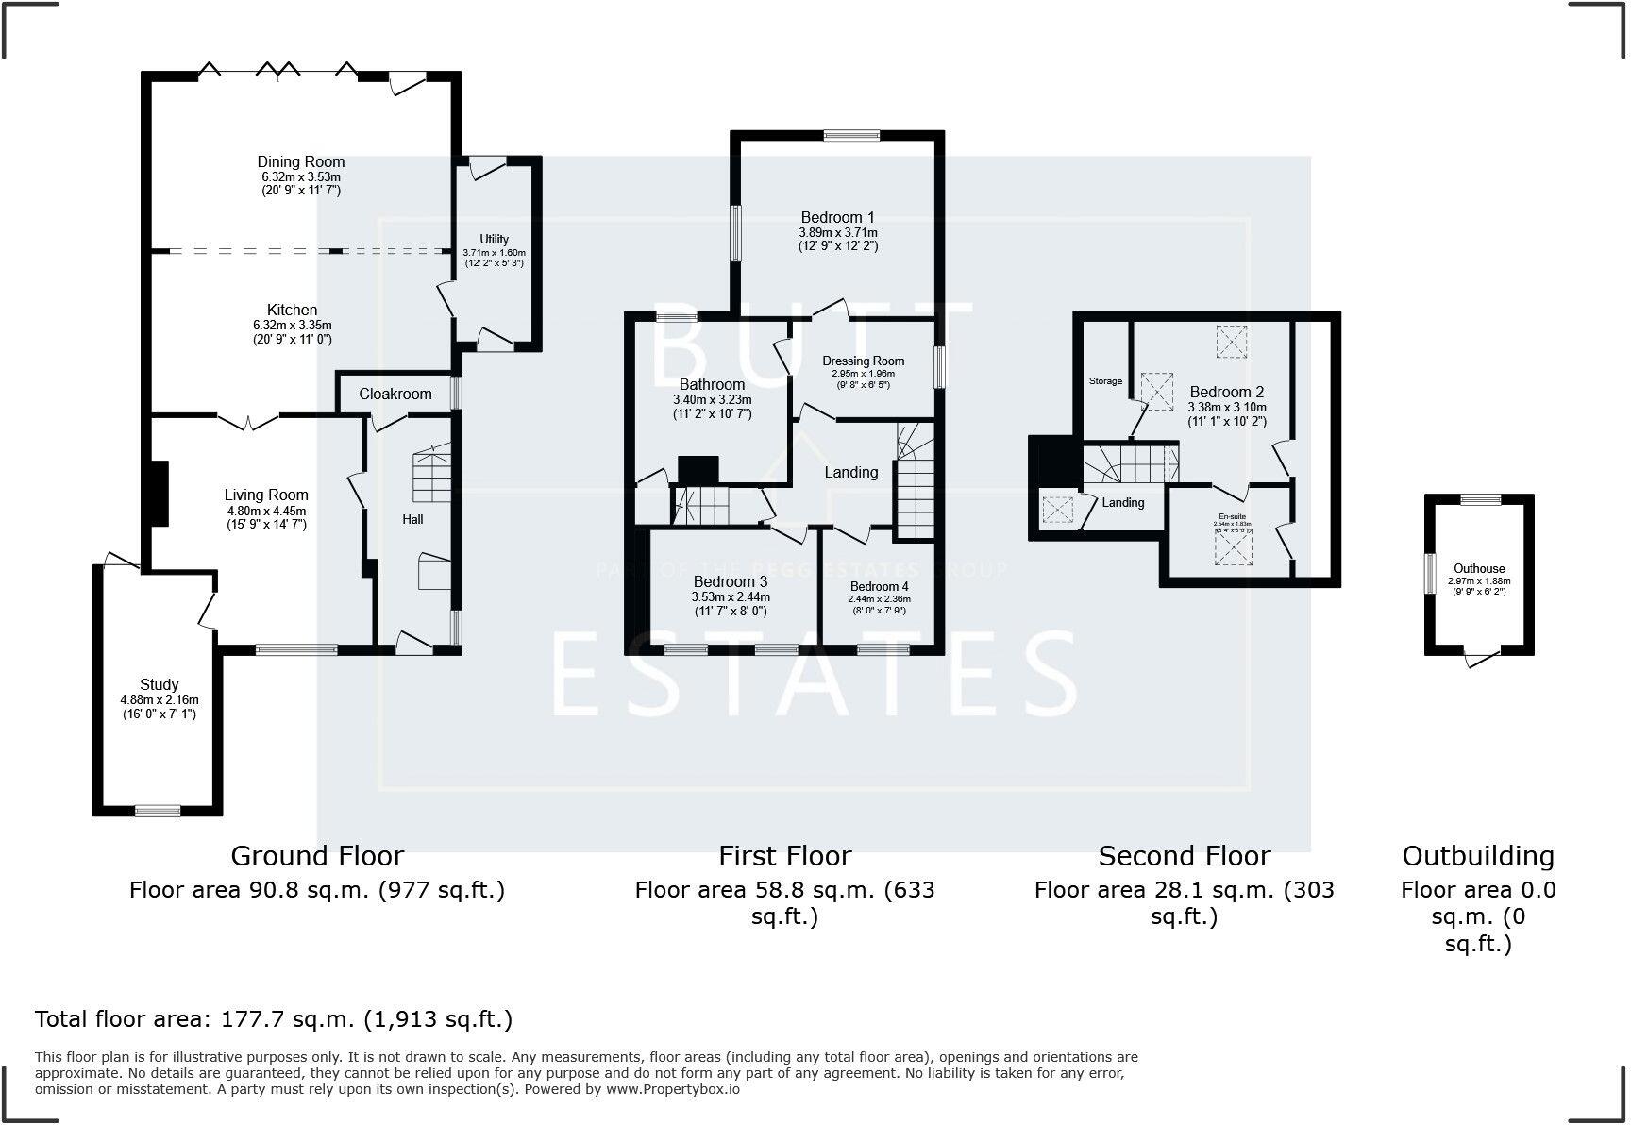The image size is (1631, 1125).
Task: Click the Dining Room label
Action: point(301,161)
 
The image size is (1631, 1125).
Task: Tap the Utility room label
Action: point(494,239)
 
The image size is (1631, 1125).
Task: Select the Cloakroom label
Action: point(395,394)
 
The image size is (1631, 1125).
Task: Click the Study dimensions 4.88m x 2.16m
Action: point(160,699)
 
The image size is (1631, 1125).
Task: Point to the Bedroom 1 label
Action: point(838,217)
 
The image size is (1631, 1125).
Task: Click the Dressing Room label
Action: point(863,361)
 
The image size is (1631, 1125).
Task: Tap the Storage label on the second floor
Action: point(1105,381)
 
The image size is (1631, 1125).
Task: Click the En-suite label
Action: point(1232,517)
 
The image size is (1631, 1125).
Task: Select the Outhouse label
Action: point(1479,568)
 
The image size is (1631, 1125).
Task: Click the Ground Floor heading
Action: point(317,856)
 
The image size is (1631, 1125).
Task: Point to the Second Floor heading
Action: point(1184,856)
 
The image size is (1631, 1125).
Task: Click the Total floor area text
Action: point(274,1019)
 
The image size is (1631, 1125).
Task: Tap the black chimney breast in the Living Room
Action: point(158,493)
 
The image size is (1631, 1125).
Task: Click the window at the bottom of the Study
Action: point(158,810)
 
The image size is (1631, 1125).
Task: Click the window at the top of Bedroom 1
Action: point(851,136)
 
